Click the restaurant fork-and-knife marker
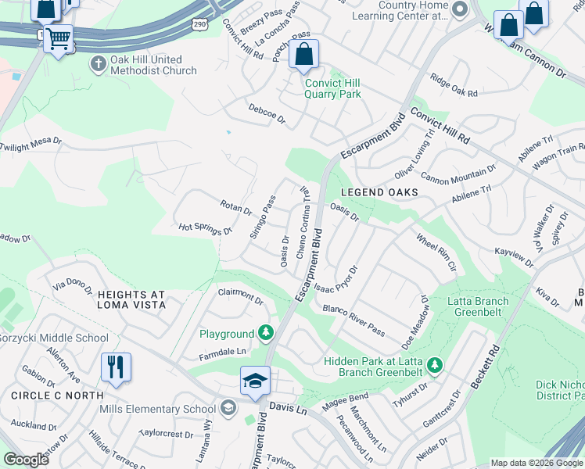(116, 366)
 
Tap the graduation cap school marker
(255, 381)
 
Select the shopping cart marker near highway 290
(59, 38)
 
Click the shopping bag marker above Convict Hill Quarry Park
(303, 55)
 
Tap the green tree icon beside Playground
(267, 334)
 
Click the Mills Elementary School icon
(227, 407)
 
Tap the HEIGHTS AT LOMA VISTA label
(131, 299)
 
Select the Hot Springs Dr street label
(206, 229)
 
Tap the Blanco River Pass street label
(354, 320)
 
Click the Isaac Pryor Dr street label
(337, 280)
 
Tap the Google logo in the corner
(26, 459)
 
